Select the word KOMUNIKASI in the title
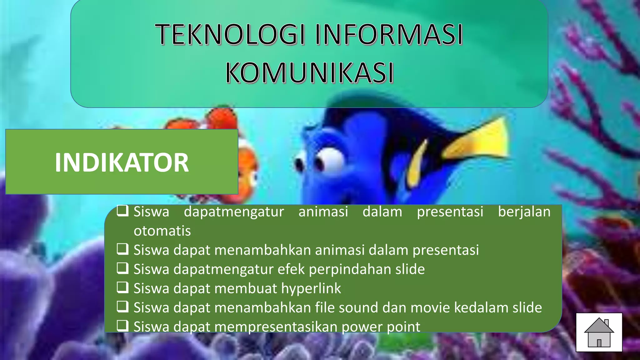[309, 73]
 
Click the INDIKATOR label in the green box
[122, 162]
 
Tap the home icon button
[599, 332]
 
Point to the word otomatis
[162, 231]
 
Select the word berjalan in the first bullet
[524, 212]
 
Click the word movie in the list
[430, 307]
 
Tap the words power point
[381, 327]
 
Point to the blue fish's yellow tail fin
[478, 141]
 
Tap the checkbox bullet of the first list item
[122, 211]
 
